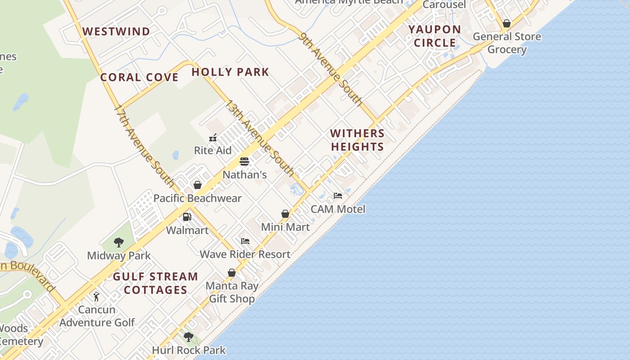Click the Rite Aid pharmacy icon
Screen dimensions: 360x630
213,138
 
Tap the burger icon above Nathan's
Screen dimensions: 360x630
244,162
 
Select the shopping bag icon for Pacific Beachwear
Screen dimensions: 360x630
197,185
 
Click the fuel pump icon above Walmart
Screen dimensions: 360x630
187,217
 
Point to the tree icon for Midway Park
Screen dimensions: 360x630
119,243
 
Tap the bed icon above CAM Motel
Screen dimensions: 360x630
338,196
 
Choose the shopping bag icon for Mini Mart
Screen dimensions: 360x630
285,214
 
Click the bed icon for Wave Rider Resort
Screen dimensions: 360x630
245,241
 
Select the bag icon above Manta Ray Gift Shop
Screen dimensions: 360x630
232,273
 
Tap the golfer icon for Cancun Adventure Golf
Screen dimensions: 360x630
96,297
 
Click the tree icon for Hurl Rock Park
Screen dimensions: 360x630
189,337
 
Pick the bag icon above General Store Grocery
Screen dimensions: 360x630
507,23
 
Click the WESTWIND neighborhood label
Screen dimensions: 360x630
116,31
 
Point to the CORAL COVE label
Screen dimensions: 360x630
139,77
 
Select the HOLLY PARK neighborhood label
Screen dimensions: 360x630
230,72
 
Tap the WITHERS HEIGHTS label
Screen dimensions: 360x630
357,140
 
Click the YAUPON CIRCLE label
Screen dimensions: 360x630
435,36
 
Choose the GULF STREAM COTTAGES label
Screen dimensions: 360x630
155,283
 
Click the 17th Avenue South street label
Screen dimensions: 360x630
144,146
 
